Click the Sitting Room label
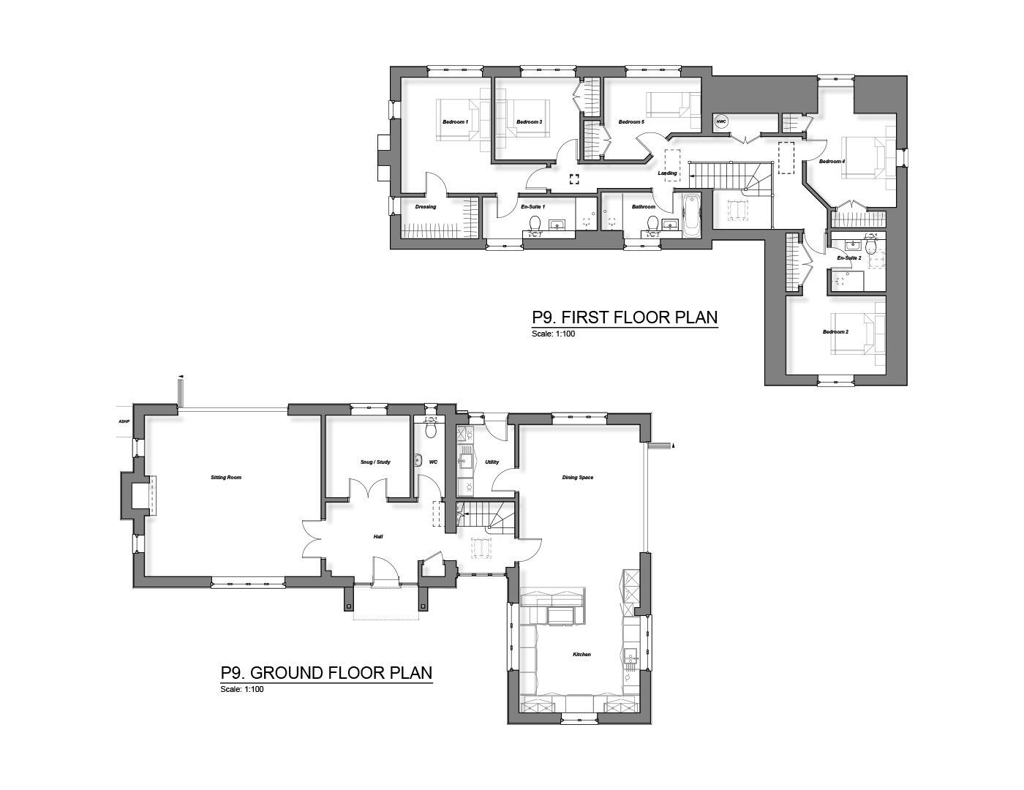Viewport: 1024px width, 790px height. click(x=225, y=478)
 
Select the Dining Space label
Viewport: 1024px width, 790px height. click(x=577, y=478)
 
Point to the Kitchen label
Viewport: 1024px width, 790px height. click(x=581, y=655)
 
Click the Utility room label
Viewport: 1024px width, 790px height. click(x=492, y=462)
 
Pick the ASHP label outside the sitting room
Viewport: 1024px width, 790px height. click(x=123, y=422)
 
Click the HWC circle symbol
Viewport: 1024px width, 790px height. click(x=720, y=122)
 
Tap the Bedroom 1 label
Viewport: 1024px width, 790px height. click(x=454, y=122)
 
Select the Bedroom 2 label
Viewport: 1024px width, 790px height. click(x=835, y=332)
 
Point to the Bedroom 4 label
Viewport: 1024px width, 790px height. click(x=832, y=162)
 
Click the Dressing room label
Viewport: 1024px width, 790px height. click(x=425, y=207)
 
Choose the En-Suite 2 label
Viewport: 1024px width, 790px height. click(x=848, y=258)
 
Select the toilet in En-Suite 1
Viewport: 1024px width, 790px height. click(x=535, y=222)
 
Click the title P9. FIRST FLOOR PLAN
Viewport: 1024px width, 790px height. click(x=625, y=317)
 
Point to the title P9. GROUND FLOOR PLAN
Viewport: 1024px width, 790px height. click(x=326, y=672)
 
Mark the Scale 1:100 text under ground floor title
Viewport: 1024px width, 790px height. click(x=241, y=689)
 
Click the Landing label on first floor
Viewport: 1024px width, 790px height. click(x=668, y=173)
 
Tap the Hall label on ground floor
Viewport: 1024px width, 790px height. click(x=378, y=537)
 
